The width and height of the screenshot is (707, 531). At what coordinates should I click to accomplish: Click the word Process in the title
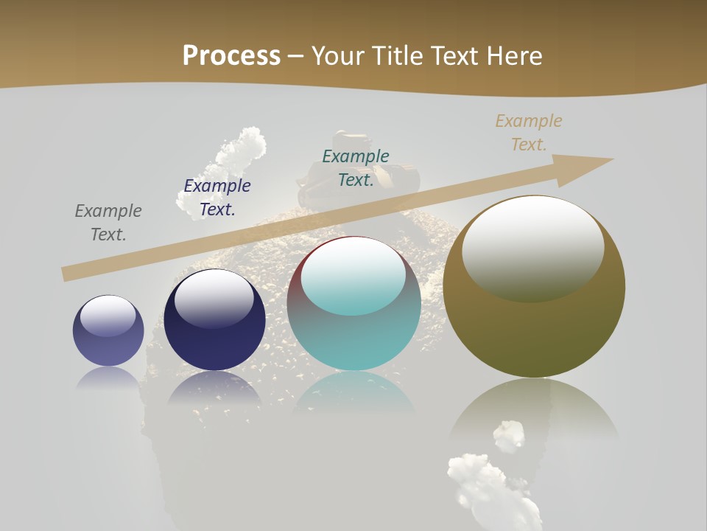coord(231,56)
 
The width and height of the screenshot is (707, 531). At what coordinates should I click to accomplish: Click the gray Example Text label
coord(108,223)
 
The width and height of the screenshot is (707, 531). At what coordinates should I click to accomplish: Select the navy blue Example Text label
coord(217,198)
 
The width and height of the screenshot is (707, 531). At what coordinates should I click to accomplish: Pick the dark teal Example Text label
coord(356,168)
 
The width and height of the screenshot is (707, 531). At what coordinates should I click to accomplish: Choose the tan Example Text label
coord(529,133)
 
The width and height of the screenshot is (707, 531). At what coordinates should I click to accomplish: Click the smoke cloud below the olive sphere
coord(486,479)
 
